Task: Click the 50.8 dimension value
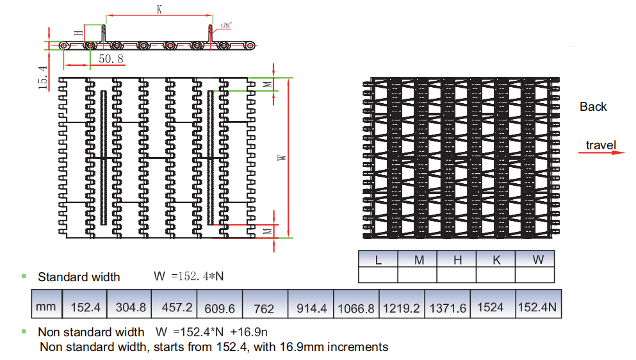[111, 59]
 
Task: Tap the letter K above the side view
[159, 10]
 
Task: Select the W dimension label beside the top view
[282, 157]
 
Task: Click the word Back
[592, 107]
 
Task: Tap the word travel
[600, 145]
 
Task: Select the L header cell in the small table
[379, 259]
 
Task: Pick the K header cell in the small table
[496, 259]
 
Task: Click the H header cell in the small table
[457, 259]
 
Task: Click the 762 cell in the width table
[264, 308]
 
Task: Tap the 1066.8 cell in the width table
[356, 308]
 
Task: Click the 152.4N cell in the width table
[537, 307]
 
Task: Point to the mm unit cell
[45, 307]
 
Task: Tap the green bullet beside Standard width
[24, 276]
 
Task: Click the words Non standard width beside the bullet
[91, 332]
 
